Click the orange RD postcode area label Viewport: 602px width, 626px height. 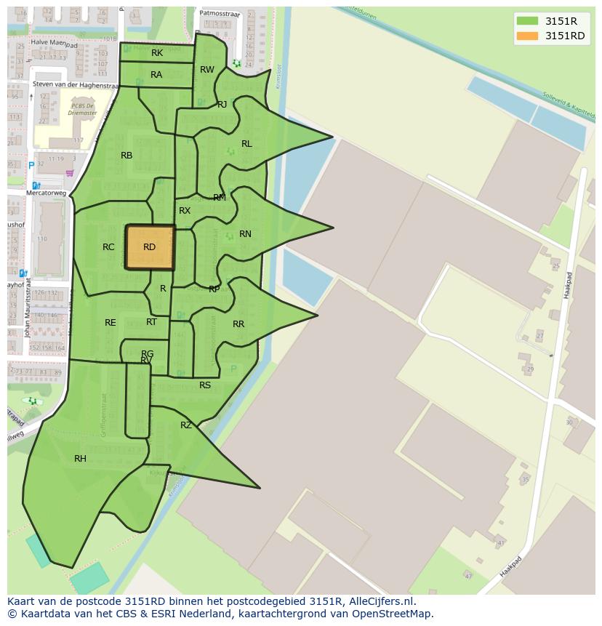149,247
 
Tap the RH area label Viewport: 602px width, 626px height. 80,459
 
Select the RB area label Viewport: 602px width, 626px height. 127,156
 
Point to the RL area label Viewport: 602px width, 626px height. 246,144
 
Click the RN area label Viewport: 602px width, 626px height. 245,234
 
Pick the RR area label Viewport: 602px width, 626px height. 238,324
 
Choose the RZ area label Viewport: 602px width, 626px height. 186,425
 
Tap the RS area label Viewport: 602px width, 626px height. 205,385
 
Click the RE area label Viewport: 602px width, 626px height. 110,323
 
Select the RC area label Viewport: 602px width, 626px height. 108,247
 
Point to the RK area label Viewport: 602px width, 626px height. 157,53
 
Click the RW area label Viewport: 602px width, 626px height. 207,70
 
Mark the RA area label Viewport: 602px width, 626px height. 156,75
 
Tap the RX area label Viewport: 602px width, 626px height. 185,211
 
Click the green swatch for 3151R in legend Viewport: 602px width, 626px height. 527,21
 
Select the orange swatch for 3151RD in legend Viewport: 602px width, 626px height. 527,36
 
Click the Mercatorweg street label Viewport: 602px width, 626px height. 46,194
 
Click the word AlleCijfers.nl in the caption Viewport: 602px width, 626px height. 380,601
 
